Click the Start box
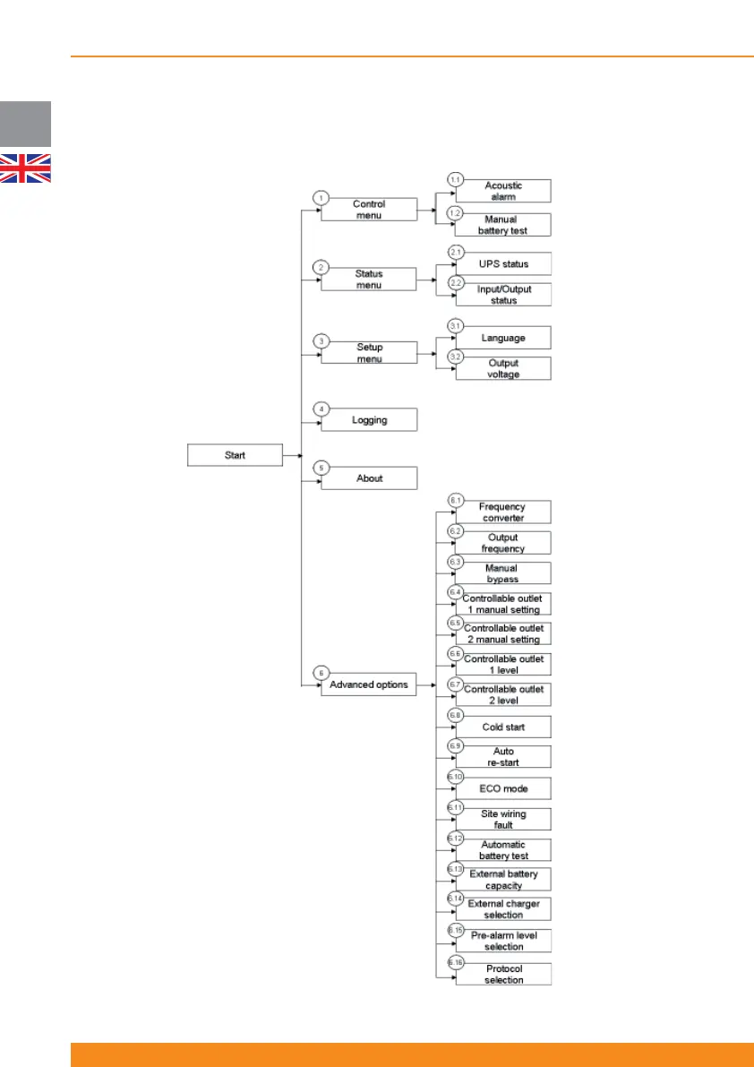(x=235, y=455)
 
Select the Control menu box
(x=369, y=210)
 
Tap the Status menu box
(x=369, y=280)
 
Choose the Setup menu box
(x=369, y=352)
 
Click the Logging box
(x=369, y=419)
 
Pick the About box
(x=369, y=478)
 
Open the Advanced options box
(x=369, y=684)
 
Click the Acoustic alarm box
(x=502, y=191)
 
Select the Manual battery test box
(x=502, y=225)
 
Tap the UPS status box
(x=502, y=264)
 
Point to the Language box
(x=502, y=339)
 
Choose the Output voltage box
(x=502, y=368)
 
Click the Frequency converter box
(x=502, y=512)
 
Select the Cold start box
(x=502, y=727)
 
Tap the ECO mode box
(x=502, y=788)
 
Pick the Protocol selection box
(x=502, y=974)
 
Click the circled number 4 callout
(x=321, y=409)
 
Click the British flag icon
(x=25, y=168)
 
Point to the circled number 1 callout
(x=321, y=197)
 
